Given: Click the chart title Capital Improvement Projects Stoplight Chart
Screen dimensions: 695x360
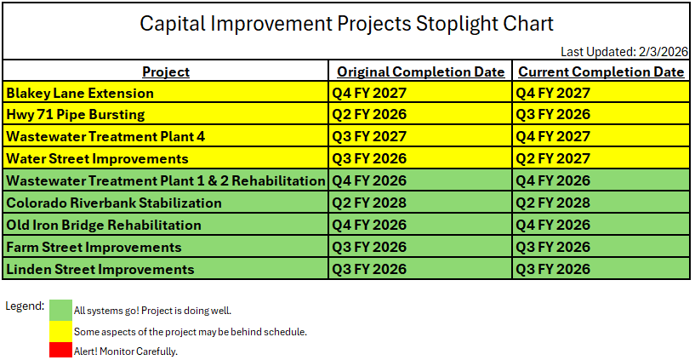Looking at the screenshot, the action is tap(346, 24).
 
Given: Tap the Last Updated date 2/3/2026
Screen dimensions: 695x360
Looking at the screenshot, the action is tap(663, 52).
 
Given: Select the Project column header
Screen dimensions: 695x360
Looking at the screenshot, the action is tap(166, 71).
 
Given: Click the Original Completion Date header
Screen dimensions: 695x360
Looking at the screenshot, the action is tap(420, 71).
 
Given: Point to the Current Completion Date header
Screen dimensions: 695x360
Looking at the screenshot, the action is tap(601, 71).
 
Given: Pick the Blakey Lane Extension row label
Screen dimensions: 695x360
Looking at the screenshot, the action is tap(80, 93).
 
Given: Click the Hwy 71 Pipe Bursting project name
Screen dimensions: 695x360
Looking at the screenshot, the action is tap(76, 114).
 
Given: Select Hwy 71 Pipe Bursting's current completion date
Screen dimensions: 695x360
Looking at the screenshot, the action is tap(553, 114).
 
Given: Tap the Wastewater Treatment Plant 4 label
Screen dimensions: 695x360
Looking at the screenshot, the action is tap(105, 136).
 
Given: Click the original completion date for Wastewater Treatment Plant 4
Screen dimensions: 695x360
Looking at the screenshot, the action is tap(369, 136).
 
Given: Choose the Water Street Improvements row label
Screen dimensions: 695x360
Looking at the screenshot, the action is tap(97, 158).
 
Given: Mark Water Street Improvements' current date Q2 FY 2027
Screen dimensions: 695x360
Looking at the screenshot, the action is tap(553, 158).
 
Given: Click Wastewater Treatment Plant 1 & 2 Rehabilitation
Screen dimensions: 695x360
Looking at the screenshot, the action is tap(166, 180).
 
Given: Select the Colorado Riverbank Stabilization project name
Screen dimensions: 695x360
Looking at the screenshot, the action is tap(114, 203).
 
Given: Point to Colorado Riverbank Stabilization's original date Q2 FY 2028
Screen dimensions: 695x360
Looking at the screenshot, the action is tap(369, 203).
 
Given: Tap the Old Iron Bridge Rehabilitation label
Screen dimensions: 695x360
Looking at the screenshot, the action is tap(104, 225).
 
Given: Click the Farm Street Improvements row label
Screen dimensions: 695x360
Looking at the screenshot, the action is tap(94, 247).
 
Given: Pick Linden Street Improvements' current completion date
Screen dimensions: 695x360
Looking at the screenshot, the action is tap(553, 269).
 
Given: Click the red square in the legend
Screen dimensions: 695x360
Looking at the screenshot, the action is tap(60, 349).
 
